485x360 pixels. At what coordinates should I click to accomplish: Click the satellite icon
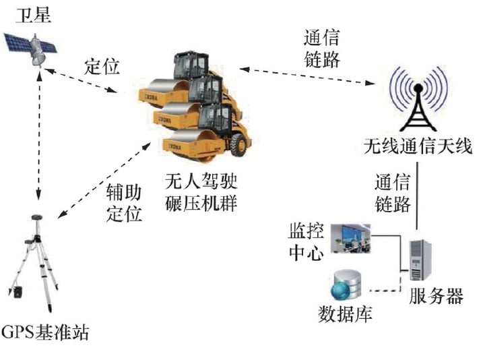coord(31,49)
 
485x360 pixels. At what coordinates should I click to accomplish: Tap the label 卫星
coord(34,16)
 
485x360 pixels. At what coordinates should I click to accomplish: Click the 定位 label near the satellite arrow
coord(102,67)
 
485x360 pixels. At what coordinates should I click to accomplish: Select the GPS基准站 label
coord(45,332)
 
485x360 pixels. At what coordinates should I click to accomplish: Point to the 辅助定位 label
coord(124,203)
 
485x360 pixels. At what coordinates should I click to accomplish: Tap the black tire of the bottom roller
coord(238,144)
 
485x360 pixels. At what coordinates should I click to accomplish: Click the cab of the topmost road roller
coord(191,65)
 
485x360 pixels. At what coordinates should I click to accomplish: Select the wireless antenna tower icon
coord(418,99)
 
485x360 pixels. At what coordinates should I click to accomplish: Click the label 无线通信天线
coord(418,146)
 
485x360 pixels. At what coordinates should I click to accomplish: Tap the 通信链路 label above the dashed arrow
coord(322,49)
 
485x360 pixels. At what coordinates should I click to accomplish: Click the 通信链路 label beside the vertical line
coord(393,193)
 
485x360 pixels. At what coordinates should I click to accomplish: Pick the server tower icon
coord(420,260)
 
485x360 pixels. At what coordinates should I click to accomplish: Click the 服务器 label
coord(436,296)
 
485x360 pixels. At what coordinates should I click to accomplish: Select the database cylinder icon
coord(346,284)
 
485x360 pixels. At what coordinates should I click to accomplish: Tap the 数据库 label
coord(345,315)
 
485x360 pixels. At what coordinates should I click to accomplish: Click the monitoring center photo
coord(351,238)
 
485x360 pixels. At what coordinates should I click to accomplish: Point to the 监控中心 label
coord(306,242)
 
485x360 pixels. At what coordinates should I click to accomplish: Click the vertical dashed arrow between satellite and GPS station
coord(39,136)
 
